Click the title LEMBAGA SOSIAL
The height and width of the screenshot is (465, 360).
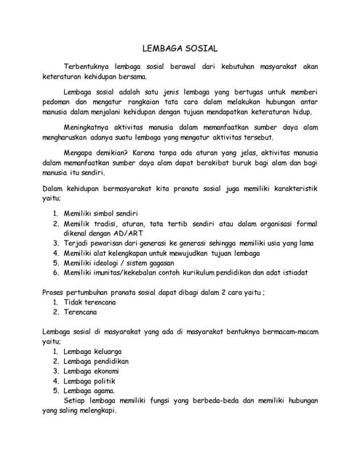180,48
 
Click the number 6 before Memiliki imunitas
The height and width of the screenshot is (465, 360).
55,272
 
